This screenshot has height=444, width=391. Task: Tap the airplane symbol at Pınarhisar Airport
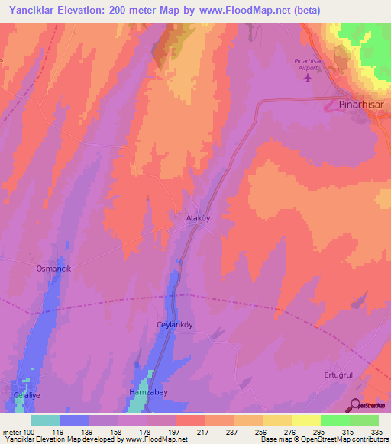click(x=309, y=78)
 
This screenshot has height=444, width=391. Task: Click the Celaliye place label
click(x=27, y=395)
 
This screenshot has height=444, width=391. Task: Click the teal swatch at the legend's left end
click(x=45, y=420)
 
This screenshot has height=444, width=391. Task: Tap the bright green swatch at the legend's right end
click(x=364, y=420)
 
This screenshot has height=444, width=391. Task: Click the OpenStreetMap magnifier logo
click(x=357, y=405)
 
